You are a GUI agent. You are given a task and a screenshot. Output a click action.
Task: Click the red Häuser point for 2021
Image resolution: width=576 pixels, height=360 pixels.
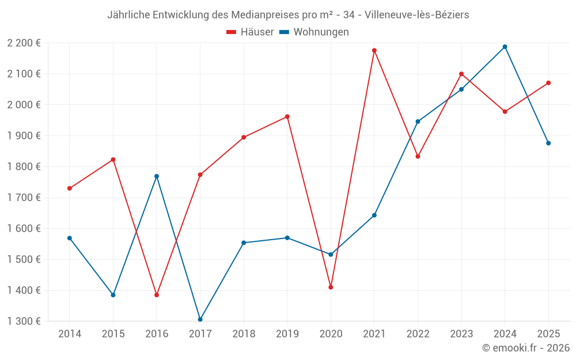tap(374, 51)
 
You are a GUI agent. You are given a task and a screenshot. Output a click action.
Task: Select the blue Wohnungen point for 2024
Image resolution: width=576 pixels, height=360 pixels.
tap(505, 47)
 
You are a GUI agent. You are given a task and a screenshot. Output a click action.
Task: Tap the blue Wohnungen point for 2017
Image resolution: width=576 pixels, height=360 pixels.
tap(200, 319)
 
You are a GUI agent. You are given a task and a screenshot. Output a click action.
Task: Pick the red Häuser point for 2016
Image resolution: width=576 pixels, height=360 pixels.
tap(157, 295)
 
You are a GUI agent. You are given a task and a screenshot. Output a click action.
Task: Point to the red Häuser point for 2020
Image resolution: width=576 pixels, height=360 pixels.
tap(331, 287)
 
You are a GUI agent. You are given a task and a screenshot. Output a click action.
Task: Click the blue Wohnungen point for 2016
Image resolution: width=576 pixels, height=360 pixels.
tap(157, 176)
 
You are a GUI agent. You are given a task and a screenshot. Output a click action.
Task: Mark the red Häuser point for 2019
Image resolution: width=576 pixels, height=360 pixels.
tap(287, 117)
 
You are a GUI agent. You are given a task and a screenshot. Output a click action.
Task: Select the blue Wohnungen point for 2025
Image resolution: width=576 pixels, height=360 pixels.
tap(548, 143)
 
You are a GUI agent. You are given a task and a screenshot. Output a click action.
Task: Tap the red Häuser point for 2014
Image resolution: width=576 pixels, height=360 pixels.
tap(70, 188)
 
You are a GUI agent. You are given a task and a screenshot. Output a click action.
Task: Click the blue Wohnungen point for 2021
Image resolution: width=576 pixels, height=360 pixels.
tap(374, 215)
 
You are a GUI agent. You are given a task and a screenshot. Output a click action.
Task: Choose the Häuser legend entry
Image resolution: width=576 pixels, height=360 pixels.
tap(250, 32)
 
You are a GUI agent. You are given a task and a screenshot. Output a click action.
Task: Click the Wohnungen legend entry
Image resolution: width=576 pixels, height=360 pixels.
tap(314, 32)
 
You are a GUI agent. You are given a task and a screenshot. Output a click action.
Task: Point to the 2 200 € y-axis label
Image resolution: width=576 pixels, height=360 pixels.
tap(24, 43)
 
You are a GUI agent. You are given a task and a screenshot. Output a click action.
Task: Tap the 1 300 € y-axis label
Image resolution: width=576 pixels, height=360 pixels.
tap(24, 321)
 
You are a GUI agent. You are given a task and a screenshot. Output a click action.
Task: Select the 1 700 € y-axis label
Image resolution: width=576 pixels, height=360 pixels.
tap(24, 198)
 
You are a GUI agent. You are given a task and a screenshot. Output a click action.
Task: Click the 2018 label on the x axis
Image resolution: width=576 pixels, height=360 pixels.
tap(244, 334)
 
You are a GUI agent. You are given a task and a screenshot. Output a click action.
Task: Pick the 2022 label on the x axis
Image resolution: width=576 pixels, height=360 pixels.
tap(418, 334)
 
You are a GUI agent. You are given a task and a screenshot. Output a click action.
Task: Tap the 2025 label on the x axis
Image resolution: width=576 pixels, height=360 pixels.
tap(548, 334)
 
